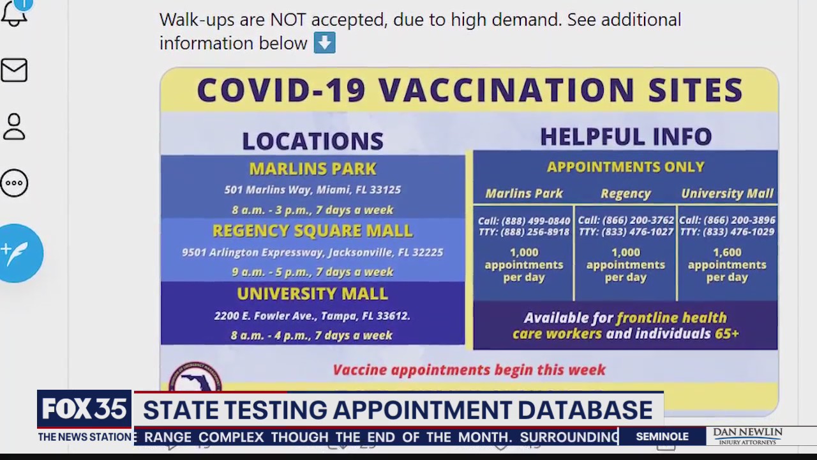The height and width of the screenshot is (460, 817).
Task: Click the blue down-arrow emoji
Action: point(324,43)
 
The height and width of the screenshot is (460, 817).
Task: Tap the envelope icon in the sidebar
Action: point(14,70)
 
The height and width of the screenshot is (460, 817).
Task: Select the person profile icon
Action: point(14,126)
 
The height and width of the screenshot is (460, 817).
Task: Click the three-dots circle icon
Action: point(14,183)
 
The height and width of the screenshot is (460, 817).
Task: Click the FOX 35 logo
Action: point(84,410)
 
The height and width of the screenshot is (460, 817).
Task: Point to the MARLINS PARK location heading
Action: point(313,169)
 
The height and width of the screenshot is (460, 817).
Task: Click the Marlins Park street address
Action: point(313,190)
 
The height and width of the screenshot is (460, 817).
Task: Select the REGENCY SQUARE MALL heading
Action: point(313,231)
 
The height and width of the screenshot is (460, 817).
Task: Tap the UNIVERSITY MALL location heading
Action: point(313,294)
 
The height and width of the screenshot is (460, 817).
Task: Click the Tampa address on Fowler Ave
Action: point(313,316)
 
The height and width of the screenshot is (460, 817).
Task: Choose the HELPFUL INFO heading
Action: point(626,137)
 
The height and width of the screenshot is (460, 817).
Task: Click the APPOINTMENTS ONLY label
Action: point(626,167)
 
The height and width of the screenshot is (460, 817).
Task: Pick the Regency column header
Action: point(626,194)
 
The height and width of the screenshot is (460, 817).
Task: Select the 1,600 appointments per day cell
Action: point(727,264)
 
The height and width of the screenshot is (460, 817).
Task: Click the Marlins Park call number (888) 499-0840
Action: point(524,220)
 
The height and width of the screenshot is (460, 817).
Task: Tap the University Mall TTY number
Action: point(727,232)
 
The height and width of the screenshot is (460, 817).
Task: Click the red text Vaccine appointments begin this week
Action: point(469,370)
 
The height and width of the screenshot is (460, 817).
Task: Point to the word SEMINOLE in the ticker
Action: point(662,437)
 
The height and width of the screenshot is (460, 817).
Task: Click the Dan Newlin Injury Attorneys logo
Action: point(747,436)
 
